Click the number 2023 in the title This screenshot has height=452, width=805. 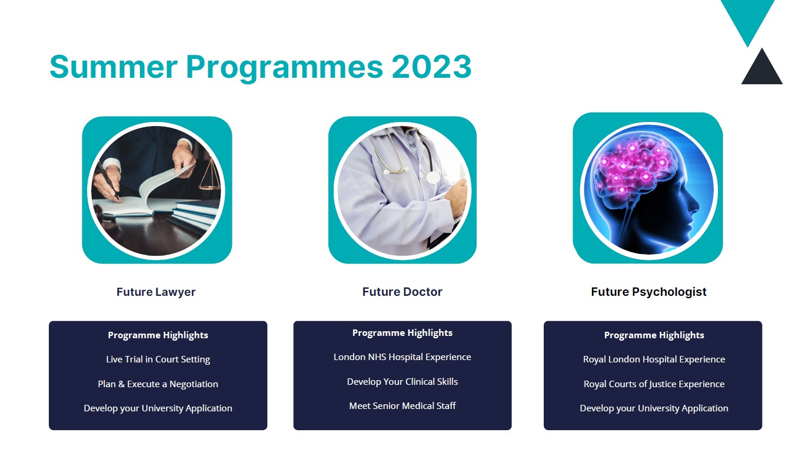pyautogui.click(x=431, y=67)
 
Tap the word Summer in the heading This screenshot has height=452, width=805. pyautogui.click(x=114, y=67)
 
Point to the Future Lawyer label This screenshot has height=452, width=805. pyautogui.click(x=156, y=292)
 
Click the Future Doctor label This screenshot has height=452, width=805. pyautogui.click(x=402, y=292)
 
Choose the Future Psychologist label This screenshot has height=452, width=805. pyautogui.click(x=648, y=292)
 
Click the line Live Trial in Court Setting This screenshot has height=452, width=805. pyautogui.click(x=158, y=359)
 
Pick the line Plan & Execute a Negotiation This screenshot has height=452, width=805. pyautogui.click(x=158, y=384)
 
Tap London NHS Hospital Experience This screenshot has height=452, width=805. pyautogui.click(x=402, y=357)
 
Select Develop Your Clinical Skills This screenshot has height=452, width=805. pyautogui.click(x=402, y=381)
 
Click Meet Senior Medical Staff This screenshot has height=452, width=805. pyautogui.click(x=402, y=406)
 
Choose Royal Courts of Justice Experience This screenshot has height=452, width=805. pyautogui.click(x=654, y=384)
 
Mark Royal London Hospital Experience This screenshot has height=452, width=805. pyautogui.click(x=654, y=359)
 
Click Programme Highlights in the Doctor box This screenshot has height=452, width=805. pyautogui.click(x=402, y=333)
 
